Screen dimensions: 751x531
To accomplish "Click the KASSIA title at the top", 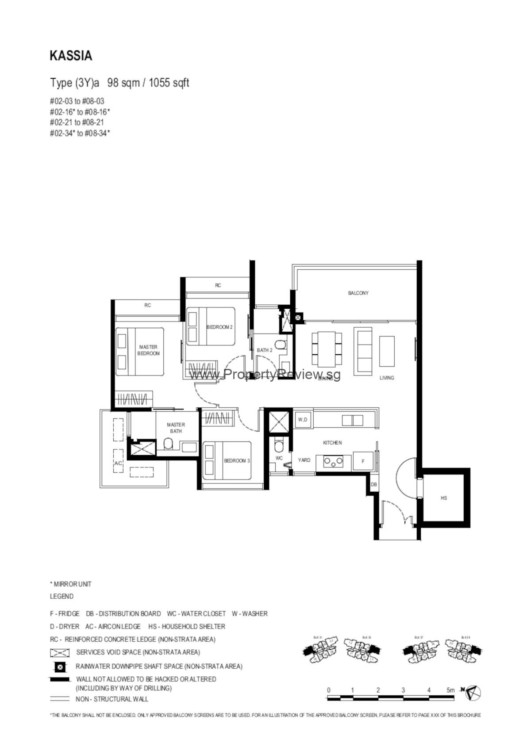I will click(71, 56).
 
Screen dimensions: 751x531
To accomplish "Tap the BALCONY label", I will click(358, 293).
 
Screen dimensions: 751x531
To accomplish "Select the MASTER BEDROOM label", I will click(148, 350).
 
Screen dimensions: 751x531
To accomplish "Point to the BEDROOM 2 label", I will click(219, 327).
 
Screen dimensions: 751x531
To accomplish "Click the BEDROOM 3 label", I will click(237, 460).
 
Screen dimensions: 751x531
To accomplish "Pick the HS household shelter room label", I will click(444, 498).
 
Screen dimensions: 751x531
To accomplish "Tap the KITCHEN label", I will click(332, 443).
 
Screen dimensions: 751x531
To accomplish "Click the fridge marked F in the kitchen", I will click(363, 461).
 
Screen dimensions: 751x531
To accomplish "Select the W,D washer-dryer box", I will click(303, 419).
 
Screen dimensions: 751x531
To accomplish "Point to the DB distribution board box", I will click(374, 485).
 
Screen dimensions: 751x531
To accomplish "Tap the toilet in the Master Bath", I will click(168, 444).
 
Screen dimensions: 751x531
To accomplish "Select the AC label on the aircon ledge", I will click(118, 463).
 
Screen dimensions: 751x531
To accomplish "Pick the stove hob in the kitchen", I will click(334, 461).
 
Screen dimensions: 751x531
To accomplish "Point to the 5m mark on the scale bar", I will click(450, 690).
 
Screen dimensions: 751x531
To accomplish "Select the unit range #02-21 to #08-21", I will click(77, 123).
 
